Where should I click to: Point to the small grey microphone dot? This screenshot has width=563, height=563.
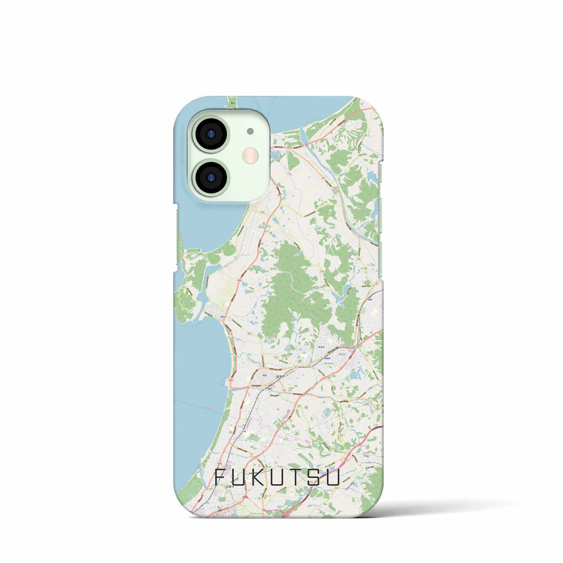[250, 131]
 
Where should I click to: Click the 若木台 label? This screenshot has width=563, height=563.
[343, 353]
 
